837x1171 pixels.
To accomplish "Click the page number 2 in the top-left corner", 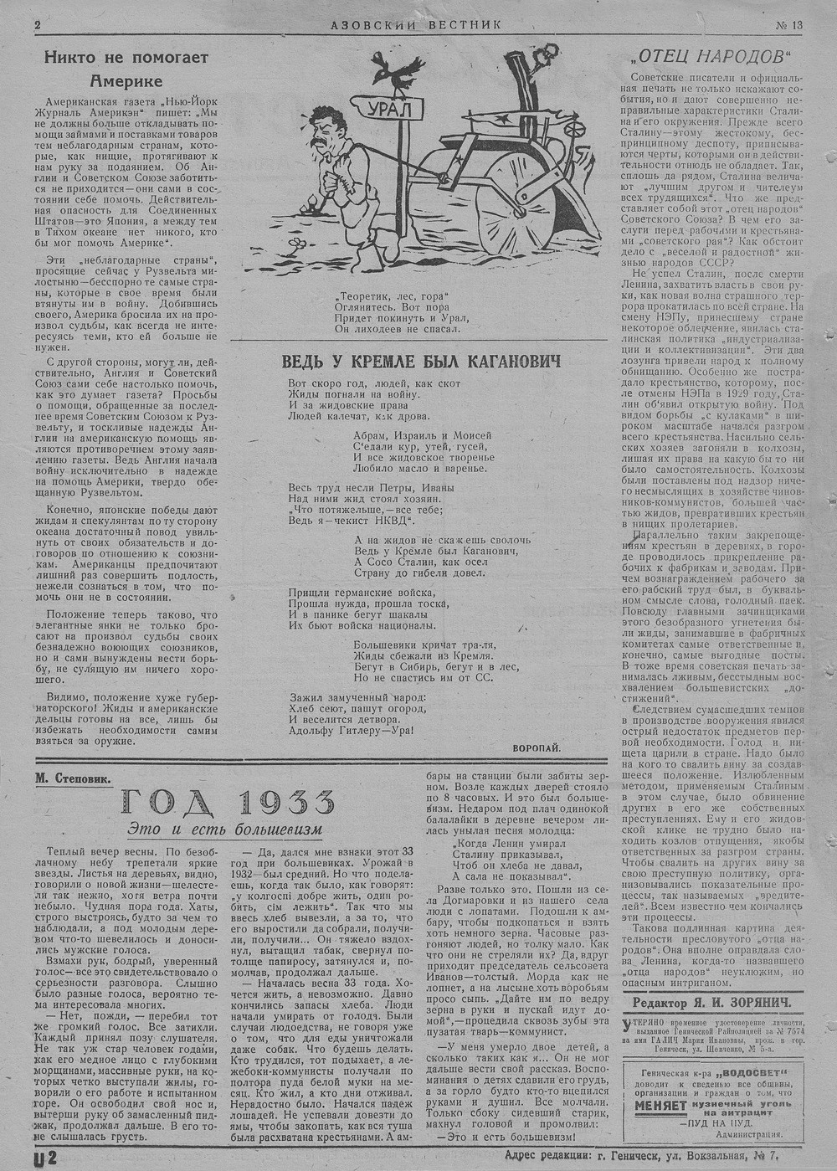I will [x=37, y=24].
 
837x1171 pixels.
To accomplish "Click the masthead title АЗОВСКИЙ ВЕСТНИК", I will [x=416, y=24].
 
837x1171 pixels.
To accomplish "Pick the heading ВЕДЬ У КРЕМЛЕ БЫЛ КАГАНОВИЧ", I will [x=410, y=361].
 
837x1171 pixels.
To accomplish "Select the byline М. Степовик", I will [x=73, y=778].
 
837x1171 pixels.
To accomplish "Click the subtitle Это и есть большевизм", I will [x=224, y=829].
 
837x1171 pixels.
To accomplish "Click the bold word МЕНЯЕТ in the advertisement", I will [x=655, y=1105].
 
